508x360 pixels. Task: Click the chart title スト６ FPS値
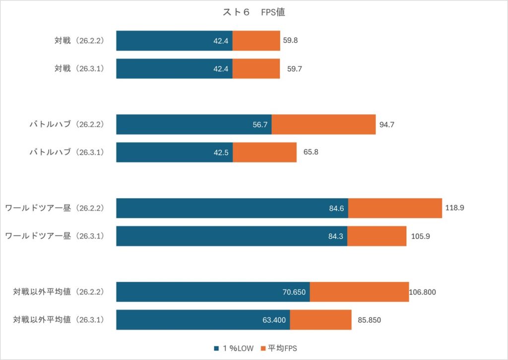[x=254, y=13]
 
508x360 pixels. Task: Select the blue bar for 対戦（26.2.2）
[x=174, y=41]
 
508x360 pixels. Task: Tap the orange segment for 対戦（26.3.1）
[x=256, y=69]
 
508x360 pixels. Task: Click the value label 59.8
[x=290, y=41]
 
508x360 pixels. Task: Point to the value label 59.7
[x=294, y=69]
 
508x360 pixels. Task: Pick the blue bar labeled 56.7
[x=193, y=125]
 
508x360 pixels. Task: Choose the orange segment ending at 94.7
[x=323, y=125]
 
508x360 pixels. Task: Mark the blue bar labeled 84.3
[x=232, y=236]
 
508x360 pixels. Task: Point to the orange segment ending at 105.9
[x=377, y=236]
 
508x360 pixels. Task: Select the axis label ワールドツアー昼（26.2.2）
[x=55, y=208]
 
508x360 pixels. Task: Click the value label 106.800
[x=423, y=292]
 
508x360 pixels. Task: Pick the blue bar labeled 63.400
[x=203, y=320]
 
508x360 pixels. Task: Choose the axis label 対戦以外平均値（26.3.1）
[x=59, y=320]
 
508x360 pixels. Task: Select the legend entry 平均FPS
[x=282, y=348]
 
